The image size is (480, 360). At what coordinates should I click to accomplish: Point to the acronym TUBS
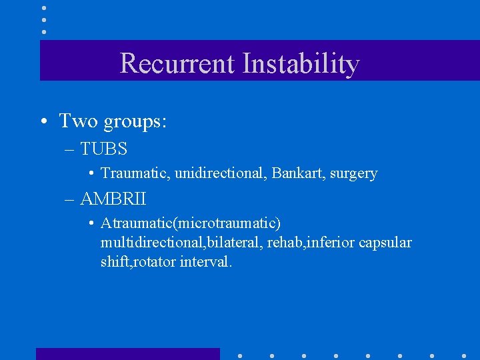click(103, 148)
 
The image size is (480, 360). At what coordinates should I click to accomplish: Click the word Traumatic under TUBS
click(135, 173)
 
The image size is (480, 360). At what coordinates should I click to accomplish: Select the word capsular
click(385, 243)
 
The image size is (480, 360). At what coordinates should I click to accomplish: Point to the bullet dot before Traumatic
click(91, 173)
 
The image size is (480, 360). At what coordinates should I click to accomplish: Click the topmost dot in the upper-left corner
click(44, 7)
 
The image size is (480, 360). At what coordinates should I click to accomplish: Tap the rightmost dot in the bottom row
click(464, 355)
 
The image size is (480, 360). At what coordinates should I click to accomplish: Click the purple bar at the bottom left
click(127, 354)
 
